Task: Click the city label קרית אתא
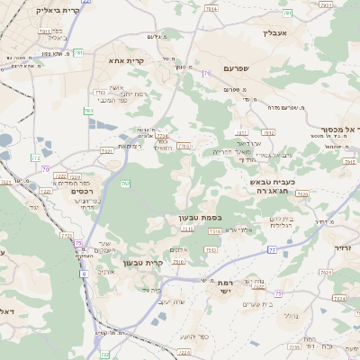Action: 121,60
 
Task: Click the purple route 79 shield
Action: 207,72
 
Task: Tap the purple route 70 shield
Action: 45,168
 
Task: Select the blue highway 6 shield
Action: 84,273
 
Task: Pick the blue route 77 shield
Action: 271,250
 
